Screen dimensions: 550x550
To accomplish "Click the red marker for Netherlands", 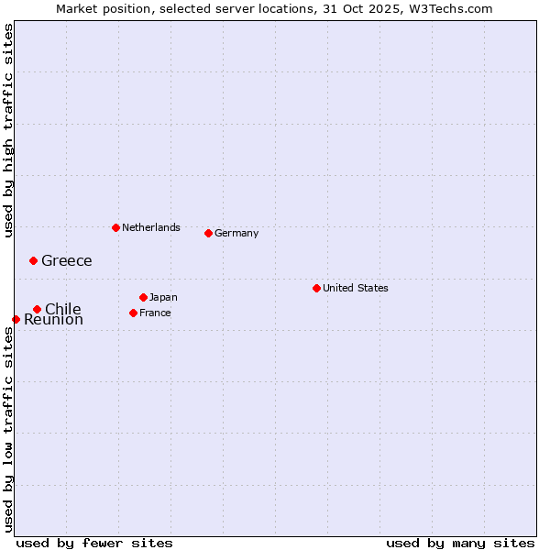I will pos(115,227).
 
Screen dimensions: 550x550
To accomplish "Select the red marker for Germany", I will pos(208,233).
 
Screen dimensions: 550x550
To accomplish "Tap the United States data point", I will pos(316,288).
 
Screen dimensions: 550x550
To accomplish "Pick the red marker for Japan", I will pos(143,297).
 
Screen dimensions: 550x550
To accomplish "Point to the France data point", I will pos(133,313).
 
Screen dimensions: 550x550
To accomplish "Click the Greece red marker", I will pos(33,260).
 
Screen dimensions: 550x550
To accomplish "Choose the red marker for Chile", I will pos(37,309).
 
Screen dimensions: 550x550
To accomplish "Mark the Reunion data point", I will pos(16,319).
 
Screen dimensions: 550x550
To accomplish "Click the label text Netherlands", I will pos(150,227).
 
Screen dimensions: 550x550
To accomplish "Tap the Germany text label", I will pos(236,233).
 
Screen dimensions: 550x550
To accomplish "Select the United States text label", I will pos(355,288).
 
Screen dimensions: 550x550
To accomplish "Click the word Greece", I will pos(66,260).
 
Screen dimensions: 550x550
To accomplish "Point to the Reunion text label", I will pos(53,320).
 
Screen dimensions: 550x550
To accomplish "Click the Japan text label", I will pos(163,297).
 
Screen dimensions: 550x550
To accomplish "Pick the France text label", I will pos(155,313).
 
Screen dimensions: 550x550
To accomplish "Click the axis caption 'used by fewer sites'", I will pos(94,543).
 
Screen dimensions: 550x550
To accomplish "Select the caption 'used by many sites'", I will pos(460,543).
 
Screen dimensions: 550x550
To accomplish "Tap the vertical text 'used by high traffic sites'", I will pos(8,130).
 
